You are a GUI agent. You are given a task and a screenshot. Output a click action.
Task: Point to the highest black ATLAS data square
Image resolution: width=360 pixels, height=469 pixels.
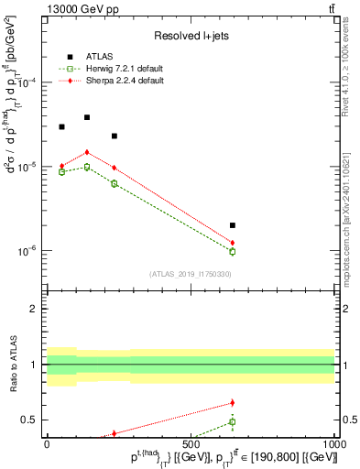87,117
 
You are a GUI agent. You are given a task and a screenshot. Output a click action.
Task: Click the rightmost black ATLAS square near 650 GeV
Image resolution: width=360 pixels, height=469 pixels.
233,224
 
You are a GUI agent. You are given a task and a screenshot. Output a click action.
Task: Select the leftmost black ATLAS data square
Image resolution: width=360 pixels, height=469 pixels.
61,126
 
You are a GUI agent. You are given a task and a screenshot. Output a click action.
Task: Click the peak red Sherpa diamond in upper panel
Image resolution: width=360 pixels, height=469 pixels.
87,152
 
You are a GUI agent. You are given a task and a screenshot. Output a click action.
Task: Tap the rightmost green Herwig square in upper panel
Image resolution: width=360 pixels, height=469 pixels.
233,251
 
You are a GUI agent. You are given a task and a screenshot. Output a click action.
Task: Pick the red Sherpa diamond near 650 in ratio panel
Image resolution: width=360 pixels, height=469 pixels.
233,402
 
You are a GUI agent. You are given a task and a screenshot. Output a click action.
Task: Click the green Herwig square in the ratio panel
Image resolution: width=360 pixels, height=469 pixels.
233,421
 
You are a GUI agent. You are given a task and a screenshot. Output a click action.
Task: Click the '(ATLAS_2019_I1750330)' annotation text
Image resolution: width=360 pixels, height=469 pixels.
190,273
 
